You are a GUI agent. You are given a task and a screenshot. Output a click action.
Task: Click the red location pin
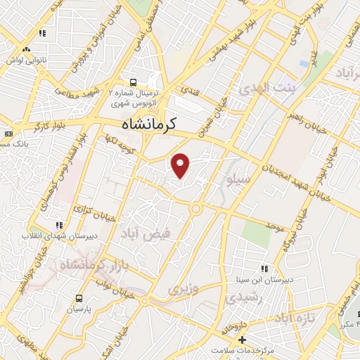click(181, 165)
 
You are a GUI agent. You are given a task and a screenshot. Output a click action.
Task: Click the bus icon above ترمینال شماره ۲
click(134, 81)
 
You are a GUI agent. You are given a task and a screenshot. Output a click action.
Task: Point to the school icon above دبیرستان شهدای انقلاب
click(59, 225)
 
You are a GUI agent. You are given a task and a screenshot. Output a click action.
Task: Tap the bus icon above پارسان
click(79, 297)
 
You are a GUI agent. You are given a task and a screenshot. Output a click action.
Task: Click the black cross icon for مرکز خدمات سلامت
click(241, 340)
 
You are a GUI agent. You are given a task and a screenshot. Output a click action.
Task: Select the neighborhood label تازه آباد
click(292, 319)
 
